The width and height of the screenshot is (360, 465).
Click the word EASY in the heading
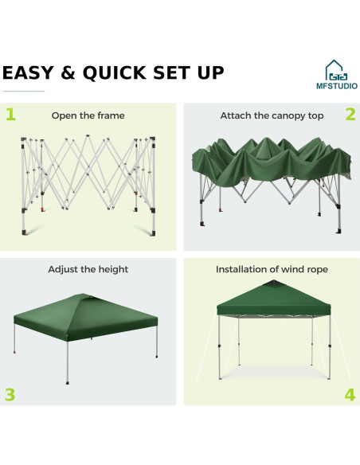tap(30, 73)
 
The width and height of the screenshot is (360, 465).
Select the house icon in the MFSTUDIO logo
tap(335, 68)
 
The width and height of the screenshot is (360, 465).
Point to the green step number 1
tap(10, 114)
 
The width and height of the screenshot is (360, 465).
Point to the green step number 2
tap(350, 114)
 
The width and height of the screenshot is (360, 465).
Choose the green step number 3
tap(10, 394)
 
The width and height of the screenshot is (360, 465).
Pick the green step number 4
tap(350, 394)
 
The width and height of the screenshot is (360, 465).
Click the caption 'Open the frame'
tap(88, 116)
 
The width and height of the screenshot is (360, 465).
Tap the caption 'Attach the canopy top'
tap(272, 116)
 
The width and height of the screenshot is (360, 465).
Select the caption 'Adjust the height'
tap(88, 270)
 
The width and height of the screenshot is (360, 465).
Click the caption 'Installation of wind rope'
tap(272, 270)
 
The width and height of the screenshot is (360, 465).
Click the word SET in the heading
tap(172, 73)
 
